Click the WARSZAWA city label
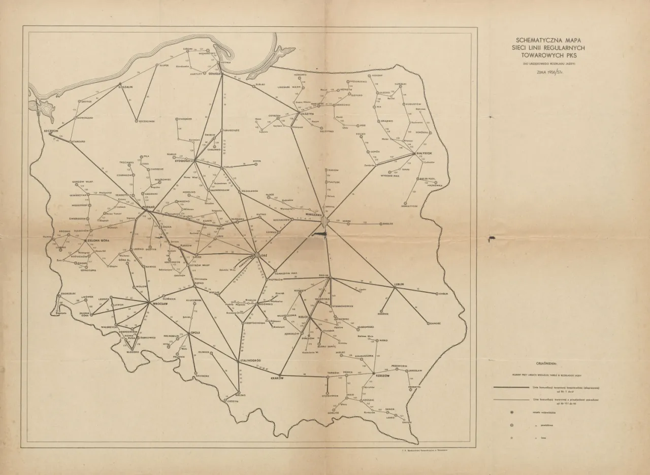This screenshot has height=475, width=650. tap(314, 215)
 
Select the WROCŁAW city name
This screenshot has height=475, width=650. tap(160, 303)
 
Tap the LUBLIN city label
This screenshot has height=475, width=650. tap(398, 284)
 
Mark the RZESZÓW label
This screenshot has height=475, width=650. tap(382, 376)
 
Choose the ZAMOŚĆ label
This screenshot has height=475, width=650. tap(435, 323)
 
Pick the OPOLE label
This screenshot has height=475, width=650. tap(196, 332)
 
